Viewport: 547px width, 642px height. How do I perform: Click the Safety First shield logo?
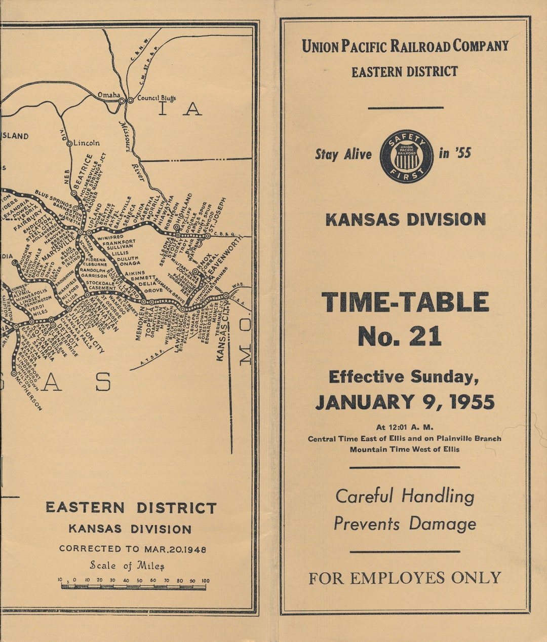click(407, 156)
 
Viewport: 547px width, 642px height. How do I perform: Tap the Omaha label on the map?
click(109, 95)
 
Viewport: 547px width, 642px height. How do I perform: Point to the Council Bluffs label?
click(156, 98)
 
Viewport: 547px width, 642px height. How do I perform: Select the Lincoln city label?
click(87, 143)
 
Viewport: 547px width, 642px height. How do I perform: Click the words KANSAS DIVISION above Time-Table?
click(405, 219)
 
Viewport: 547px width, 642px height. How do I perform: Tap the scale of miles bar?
click(133, 587)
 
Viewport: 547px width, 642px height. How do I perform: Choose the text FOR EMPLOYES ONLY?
click(405, 578)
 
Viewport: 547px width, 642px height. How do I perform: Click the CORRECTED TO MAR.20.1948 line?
click(133, 549)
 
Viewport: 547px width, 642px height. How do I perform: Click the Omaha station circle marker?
click(122, 101)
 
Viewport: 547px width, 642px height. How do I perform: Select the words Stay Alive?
click(343, 155)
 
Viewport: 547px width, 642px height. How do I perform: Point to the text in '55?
click(455, 153)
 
